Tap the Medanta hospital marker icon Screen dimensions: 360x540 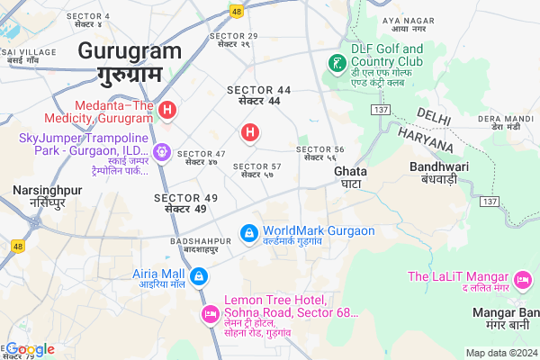166,110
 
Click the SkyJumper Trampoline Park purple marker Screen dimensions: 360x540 161,153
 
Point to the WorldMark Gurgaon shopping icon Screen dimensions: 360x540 248,232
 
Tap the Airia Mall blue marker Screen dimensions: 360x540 200,275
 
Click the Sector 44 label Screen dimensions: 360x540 259,90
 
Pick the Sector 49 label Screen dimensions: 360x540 186,198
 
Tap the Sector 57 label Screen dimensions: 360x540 257,166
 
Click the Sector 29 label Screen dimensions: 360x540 233,36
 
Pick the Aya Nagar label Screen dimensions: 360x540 402,20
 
